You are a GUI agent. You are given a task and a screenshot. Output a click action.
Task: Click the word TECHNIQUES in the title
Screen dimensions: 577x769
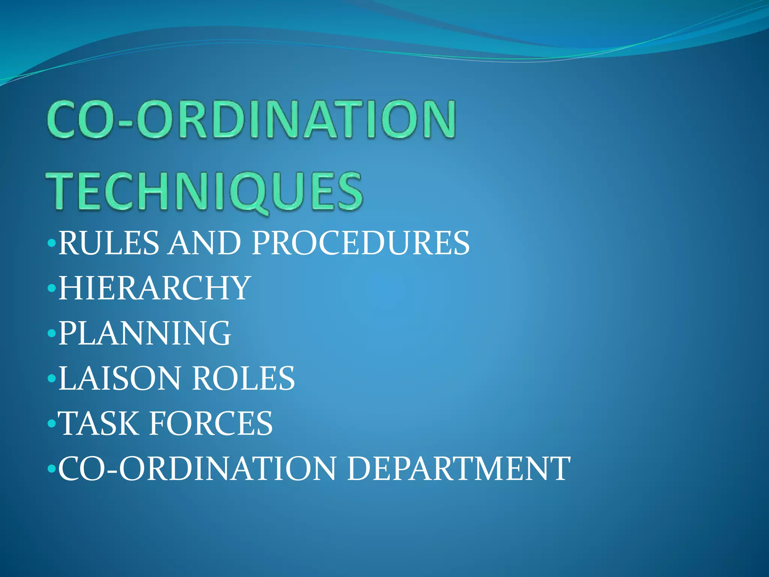pos(205,191)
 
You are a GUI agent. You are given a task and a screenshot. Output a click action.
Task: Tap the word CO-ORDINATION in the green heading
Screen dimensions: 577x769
pos(252,119)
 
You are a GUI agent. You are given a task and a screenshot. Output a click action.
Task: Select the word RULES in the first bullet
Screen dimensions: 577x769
pos(109,243)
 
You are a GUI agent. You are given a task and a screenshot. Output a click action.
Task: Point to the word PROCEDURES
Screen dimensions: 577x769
pos(360,243)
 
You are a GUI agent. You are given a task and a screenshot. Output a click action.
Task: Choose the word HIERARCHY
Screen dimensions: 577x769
pos(154,288)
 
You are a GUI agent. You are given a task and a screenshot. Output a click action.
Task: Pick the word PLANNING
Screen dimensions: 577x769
pos(145,333)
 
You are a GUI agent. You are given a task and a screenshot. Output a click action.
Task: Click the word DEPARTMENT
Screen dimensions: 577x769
pos(458,468)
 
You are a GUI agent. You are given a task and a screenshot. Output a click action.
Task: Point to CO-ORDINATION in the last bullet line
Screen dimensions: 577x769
pos(197,468)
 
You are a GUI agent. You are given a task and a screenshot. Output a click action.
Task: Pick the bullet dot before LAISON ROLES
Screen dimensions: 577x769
pos(52,379)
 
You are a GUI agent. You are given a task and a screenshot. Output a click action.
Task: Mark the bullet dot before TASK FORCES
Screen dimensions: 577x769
pos(52,424)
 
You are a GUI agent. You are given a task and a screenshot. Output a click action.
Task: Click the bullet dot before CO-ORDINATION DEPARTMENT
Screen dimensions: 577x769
pos(52,469)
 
